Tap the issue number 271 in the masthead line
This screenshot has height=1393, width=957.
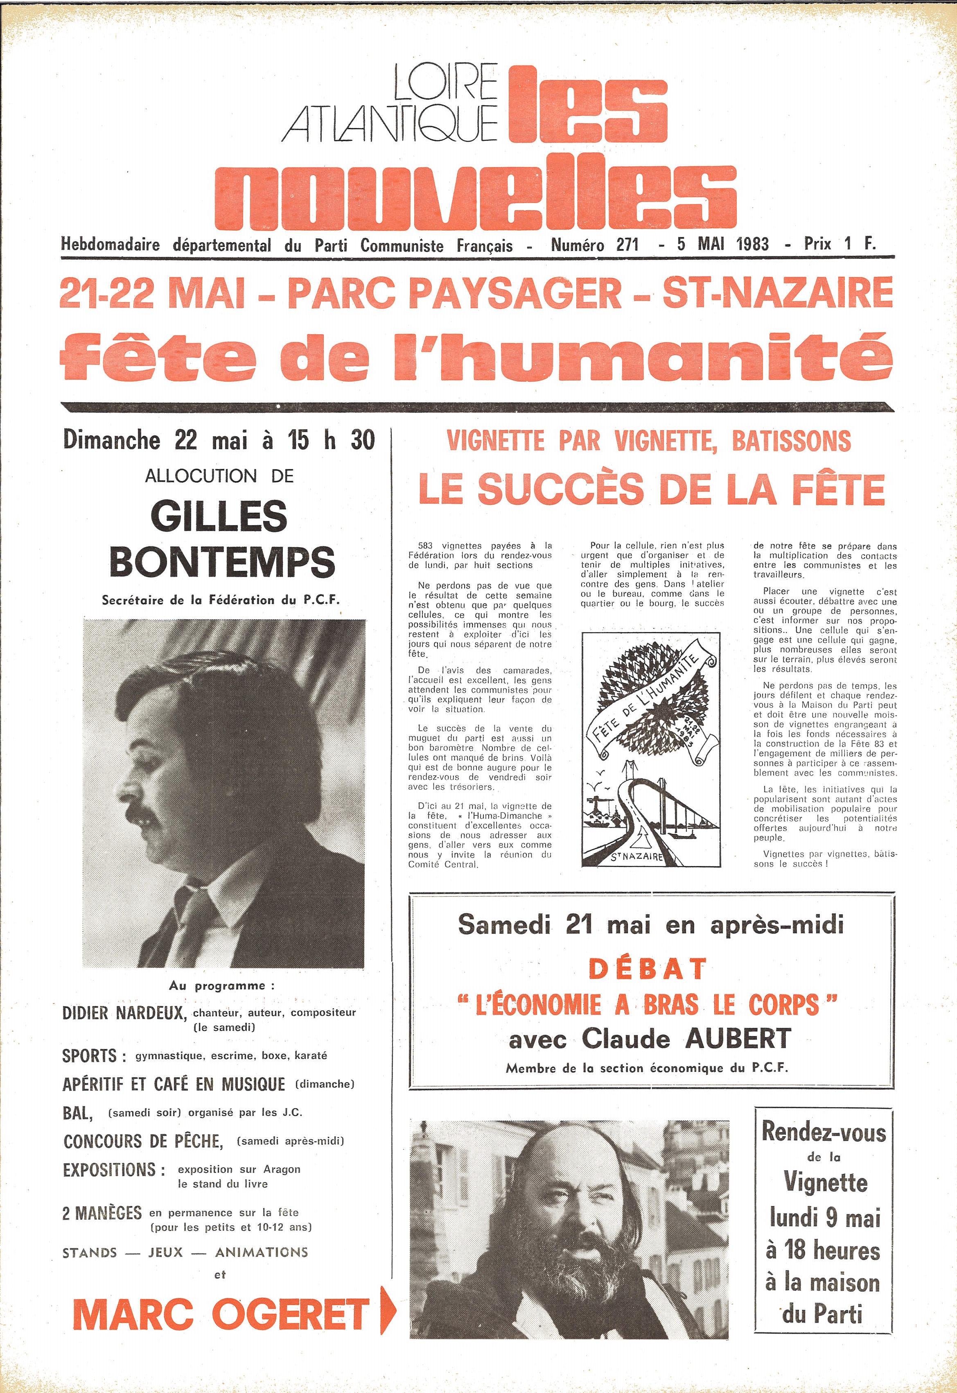point(627,245)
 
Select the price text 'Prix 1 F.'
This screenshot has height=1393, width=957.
point(840,244)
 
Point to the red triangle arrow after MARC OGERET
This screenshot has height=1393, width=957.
point(388,1313)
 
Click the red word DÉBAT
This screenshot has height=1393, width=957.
point(647,969)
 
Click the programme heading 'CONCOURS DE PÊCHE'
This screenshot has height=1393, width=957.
point(143,1141)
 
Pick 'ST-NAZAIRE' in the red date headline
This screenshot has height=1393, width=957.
point(777,293)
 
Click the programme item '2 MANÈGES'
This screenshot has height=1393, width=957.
point(102,1213)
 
